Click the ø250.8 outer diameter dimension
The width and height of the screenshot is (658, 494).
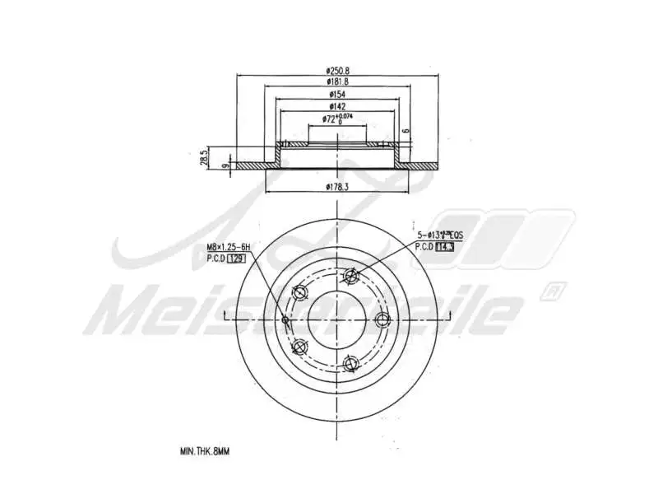tap(336, 72)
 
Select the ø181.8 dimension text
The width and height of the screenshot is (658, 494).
tap(336, 82)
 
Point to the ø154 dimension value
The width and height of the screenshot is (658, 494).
tap(336, 96)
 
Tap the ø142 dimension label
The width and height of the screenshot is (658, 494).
tap(336, 107)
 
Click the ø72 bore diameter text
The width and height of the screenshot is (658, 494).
tap(328, 120)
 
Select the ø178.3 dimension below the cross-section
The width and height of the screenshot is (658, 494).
tap(337, 187)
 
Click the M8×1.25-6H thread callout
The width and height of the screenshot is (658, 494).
tap(227, 248)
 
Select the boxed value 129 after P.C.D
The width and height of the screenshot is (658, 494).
tap(235, 259)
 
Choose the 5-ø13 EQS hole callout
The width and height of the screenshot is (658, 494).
tap(437, 235)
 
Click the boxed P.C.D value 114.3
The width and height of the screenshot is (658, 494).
tap(445, 246)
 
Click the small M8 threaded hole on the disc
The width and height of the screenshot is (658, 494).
tap(285, 319)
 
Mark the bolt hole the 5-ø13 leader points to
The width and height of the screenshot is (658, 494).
tap(352, 276)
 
